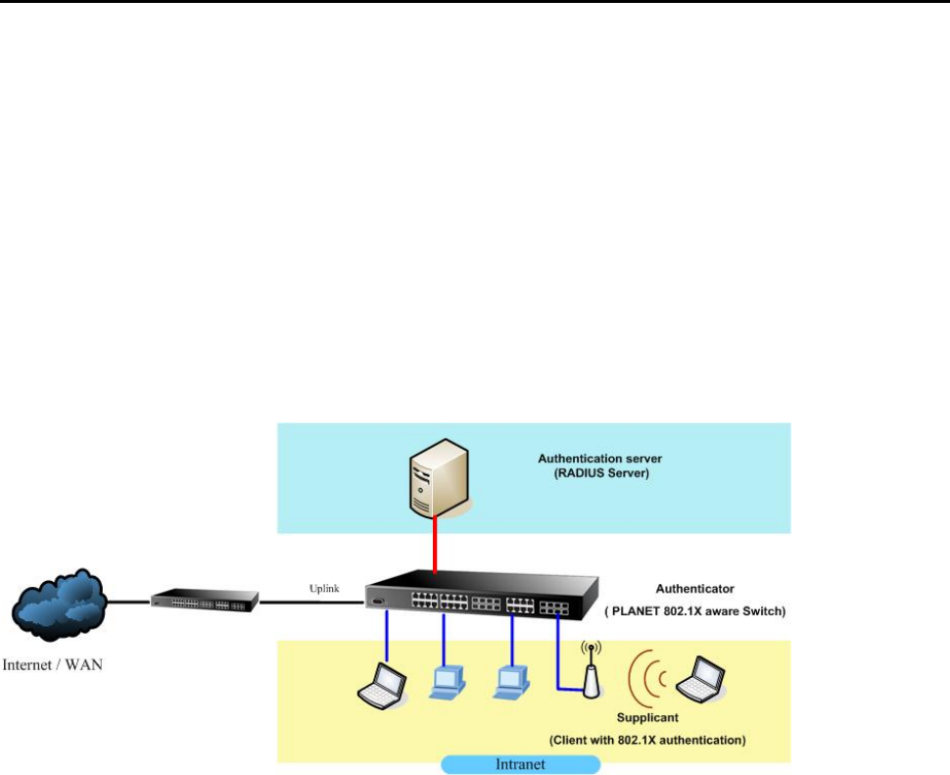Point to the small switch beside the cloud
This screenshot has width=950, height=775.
[204, 600]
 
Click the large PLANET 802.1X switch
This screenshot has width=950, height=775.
[480, 598]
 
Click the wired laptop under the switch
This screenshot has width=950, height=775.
[379, 686]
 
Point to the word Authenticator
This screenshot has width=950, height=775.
[694, 589]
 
